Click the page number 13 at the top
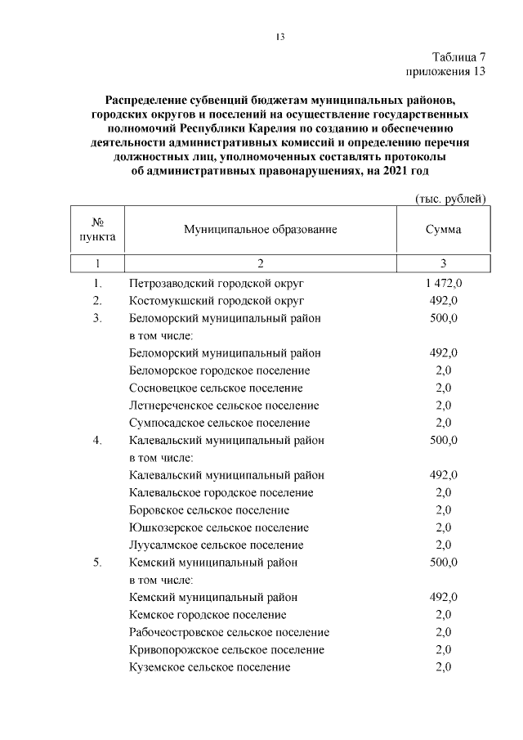coord(279,37)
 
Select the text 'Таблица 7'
coord(458,57)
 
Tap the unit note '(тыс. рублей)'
coord(451,198)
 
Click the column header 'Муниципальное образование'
coord(261,230)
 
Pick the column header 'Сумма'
coord(443,230)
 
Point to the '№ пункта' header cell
coord(97,230)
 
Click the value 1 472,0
coord(443,283)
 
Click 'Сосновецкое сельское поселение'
coord(216,388)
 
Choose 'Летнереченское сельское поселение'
coord(224,406)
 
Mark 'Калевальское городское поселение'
coord(221,492)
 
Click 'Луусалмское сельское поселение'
coord(217,545)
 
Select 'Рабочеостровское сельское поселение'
coord(230,632)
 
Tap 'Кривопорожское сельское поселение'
coord(226,649)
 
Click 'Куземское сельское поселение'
coord(210,667)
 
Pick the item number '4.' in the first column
coord(97,440)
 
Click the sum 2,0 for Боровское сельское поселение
coord(443,510)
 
